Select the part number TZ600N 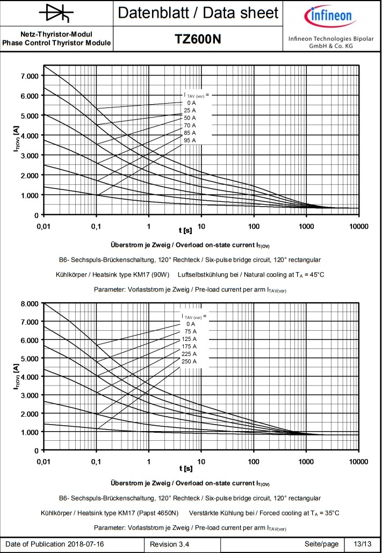(x=198, y=39)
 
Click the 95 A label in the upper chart (x=190, y=140)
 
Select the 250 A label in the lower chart (x=189, y=361)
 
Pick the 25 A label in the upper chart (x=190, y=110)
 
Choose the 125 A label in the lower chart (x=189, y=339)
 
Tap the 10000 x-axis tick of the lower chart (x=358, y=461)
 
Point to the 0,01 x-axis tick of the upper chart (x=44, y=226)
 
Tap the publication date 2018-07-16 (x=86, y=544)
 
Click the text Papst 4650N (x=158, y=513)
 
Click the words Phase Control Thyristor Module (x=56, y=43)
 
